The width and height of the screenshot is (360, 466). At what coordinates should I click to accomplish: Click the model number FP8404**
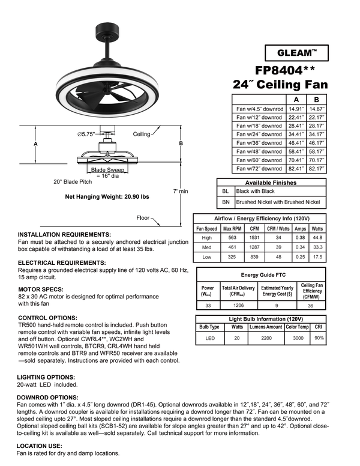click(x=287, y=70)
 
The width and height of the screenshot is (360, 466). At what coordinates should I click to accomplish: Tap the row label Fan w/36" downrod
click(x=259, y=143)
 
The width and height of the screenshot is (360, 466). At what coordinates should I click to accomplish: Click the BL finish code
click(x=225, y=191)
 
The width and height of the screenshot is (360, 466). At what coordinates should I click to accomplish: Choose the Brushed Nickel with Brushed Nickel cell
click(x=278, y=202)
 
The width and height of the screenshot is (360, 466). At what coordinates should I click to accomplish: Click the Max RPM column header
click(x=232, y=229)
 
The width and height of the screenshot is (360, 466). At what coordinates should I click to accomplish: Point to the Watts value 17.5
click(x=317, y=256)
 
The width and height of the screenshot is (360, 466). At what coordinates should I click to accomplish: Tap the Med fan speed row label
click(x=207, y=247)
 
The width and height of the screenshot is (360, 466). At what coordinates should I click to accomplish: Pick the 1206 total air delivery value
click(x=238, y=306)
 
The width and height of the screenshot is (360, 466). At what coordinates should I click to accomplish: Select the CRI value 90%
click(x=319, y=338)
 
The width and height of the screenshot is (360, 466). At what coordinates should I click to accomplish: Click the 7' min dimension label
click(x=181, y=190)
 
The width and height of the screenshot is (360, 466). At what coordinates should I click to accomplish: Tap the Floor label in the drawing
click(x=143, y=218)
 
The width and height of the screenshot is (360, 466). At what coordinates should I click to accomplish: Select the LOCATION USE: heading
click(x=40, y=446)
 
